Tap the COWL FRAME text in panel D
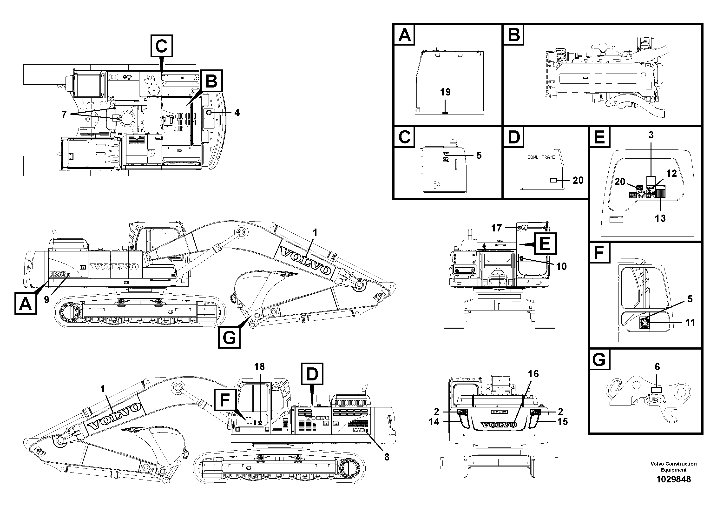541,157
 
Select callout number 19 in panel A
445,92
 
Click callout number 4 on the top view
237,113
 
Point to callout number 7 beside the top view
64,115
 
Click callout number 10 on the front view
561,266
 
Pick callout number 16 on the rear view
533,374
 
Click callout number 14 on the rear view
434,422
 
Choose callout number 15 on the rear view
562,422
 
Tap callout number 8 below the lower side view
387,457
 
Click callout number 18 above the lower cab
259,366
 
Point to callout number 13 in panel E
660,218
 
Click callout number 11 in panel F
690,322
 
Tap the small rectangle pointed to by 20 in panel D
553,180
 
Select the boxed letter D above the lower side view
312,374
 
